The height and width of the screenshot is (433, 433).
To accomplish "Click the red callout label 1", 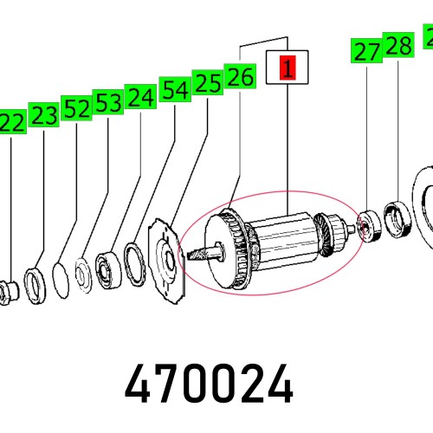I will tap(287, 68).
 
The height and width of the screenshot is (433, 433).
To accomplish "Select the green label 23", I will tap(44, 115).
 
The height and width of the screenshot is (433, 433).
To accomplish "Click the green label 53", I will tap(108, 103).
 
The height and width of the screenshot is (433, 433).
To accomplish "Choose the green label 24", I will tap(140, 97).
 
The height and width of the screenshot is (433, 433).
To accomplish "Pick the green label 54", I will tap(174, 89).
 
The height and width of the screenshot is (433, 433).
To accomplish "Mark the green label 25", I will tap(207, 83).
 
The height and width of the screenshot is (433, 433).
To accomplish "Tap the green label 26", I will tap(239, 77).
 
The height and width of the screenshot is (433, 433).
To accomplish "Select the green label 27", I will tap(367, 52).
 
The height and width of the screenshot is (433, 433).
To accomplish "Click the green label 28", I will tap(398, 46).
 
